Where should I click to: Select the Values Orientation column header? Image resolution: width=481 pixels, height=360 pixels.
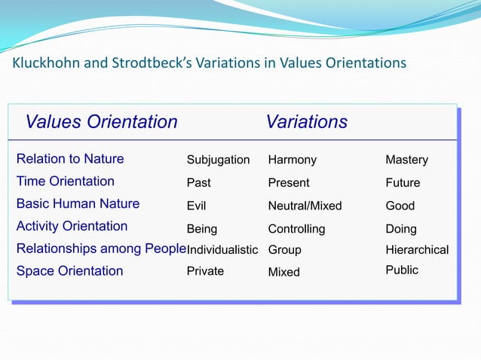point(102,122)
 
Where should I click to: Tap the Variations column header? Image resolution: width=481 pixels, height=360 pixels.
point(306,122)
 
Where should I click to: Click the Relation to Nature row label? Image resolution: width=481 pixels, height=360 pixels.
point(70,159)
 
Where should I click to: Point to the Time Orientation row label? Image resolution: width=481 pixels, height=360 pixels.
point(66,182)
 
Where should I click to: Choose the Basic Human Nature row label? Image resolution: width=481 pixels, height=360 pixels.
point(78,204)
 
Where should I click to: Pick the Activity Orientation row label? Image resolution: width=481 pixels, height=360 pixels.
point(72,227)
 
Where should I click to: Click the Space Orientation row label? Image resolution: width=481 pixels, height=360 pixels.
point(69,271)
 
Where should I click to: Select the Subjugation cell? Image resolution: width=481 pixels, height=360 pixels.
point(218,160)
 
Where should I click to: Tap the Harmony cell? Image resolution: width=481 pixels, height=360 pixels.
point(293,160)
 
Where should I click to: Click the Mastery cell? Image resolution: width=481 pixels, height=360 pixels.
point(406,160)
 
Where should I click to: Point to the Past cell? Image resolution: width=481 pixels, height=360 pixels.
point(199,183)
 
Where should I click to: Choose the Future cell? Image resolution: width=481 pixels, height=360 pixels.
point(403,183)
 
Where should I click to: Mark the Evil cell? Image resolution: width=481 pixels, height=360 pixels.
point(196,206)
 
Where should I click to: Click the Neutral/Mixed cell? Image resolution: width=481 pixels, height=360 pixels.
point(305,206)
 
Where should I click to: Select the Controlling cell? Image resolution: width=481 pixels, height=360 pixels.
point(296,229)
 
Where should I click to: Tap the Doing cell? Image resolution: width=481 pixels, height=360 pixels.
point(401,229)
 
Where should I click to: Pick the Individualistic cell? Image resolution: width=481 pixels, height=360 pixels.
point(222,250)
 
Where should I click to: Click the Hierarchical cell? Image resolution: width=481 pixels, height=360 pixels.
point(417,250)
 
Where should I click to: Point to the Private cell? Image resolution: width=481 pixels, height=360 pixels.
point(205,271)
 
